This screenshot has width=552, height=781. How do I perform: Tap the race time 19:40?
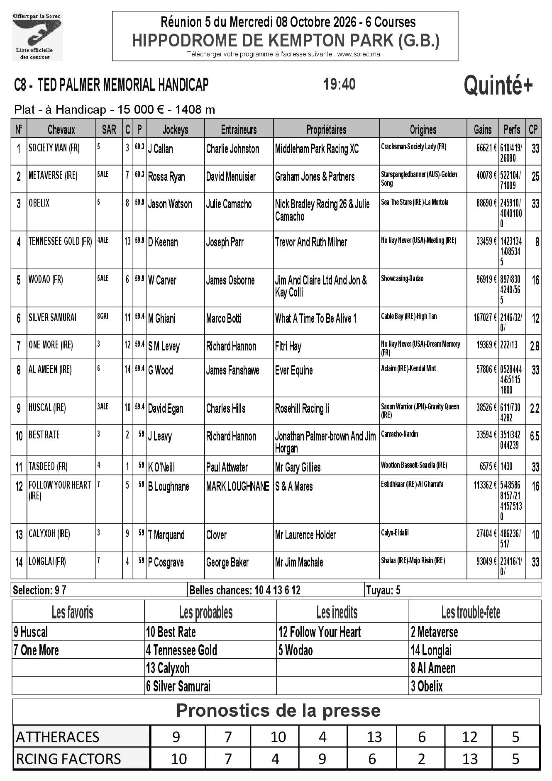pyautogui.click(x=339, y=84)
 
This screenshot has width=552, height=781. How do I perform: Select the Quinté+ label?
pyautogui.click(x=498, y=86)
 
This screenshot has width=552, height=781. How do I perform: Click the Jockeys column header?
pyautogui.click(x=175, y=130)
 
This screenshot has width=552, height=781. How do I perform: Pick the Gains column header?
pyautogui.click(x=483, y=130)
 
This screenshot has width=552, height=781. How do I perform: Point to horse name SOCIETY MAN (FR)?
pyautogui.click(x=54, y=148)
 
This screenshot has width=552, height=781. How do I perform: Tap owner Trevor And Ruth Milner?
pyautogui.click(x=311, y=242)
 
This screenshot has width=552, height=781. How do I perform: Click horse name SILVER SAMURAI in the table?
pyautogui.click(x=52, y=318)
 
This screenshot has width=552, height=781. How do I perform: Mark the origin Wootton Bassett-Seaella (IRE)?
pyautogui.click(x=414, y=465)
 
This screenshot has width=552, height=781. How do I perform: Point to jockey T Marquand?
pyautogui.click(x=166, y=535)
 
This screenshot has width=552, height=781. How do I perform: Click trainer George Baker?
pyautogui.click(x=227, y=562)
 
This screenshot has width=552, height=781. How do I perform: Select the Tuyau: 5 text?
pyautogui.click(x=383, y=590)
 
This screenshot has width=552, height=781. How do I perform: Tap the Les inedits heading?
pyautogui.click(x=337, y=612)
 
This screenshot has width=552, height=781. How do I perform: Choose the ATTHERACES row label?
pyautogui.click(x=58, y=737)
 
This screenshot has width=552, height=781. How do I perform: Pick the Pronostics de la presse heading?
pyautogui.click(x=278, y=710)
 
